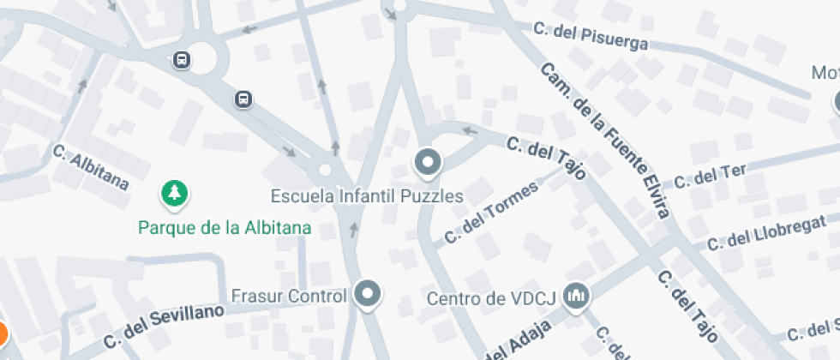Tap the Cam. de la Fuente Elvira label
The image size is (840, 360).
click(x=605, y=141)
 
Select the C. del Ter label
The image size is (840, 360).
click(x=710, y=176)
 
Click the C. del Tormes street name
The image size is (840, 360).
click(x=491, y=211)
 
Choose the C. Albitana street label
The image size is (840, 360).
click(x=90, y=167)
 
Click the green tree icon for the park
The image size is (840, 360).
click(x=175, y=193)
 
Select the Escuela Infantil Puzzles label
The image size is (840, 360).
click(x=367, y=196)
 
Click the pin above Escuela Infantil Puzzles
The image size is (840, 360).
click(x=427, y=160)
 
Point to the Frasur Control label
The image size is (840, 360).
click(x=289, y=297)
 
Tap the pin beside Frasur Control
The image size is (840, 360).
click(x=369, y=294)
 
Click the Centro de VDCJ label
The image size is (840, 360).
click(x=492, y=299)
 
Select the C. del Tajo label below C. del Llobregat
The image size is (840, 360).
click(x=687, y=306)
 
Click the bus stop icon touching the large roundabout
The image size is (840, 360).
click(x=182, y=59)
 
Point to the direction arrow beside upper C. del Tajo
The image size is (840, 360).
click(x=469, y=131)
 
